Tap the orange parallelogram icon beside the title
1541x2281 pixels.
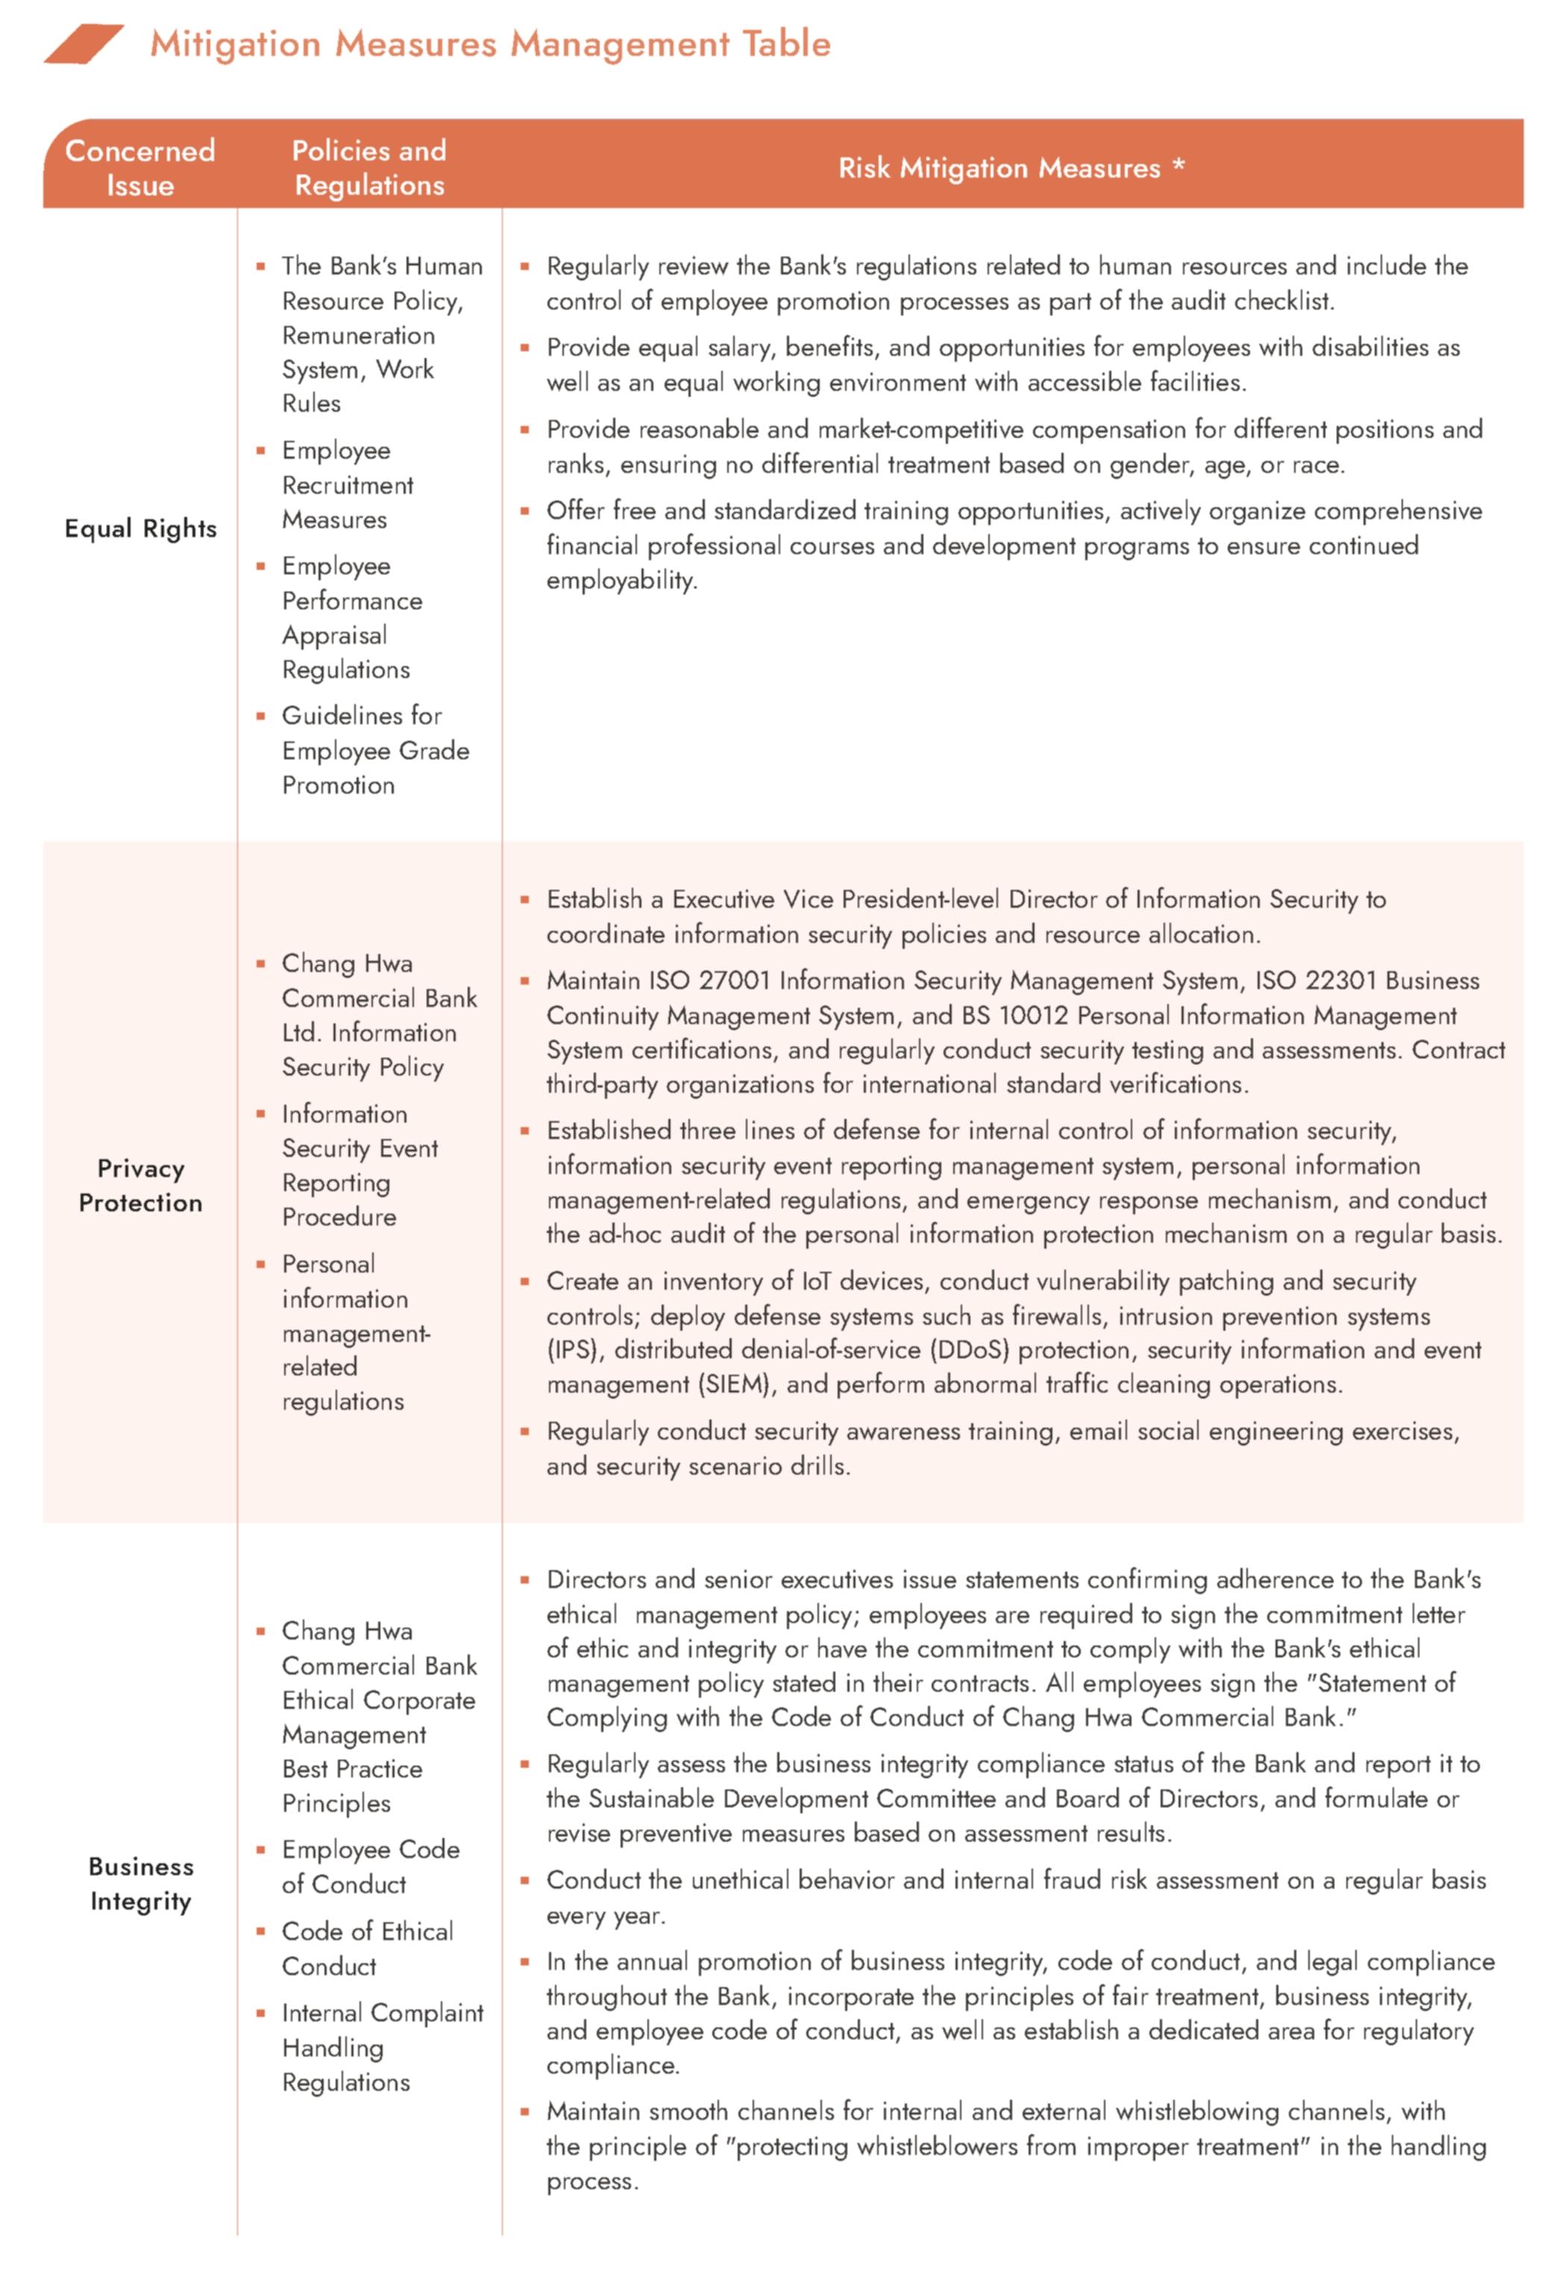[x=83, y=44]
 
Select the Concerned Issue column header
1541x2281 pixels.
[x=139, y=167]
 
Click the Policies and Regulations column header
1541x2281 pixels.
[x=369, y=167]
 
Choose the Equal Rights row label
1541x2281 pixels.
[x=140, y=528]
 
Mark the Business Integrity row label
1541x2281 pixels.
[x=140, y=1883]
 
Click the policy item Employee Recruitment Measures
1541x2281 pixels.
[x=347, y=485]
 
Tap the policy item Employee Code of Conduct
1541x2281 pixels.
[x=369, y=1866]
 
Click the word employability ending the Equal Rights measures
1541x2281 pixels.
[x=621, y=580]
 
